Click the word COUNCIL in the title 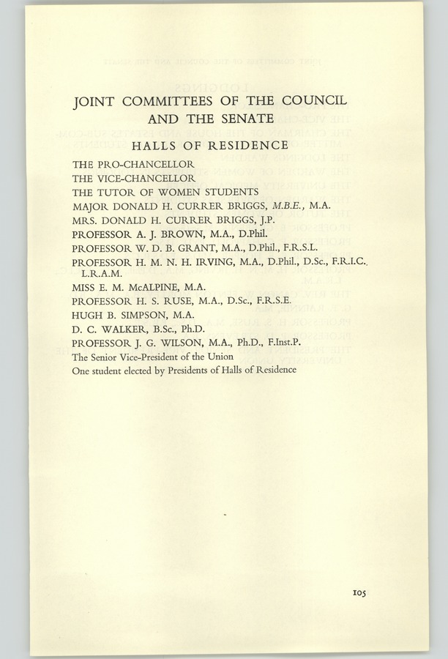tap(308, 100)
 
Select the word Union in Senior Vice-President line tap(219, 357)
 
